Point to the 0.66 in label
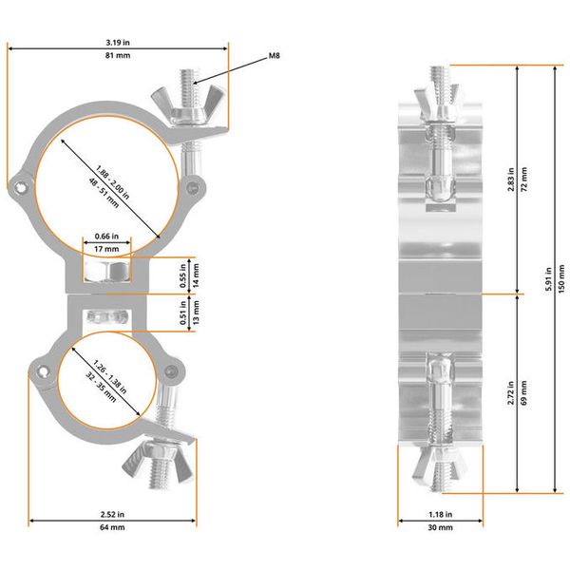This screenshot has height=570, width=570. [x=106, y=236]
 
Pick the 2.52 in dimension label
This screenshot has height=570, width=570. [x=112, y=514]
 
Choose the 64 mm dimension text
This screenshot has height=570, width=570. [x=112, y=528]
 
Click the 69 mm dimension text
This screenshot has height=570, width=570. [x=525, y=398]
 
